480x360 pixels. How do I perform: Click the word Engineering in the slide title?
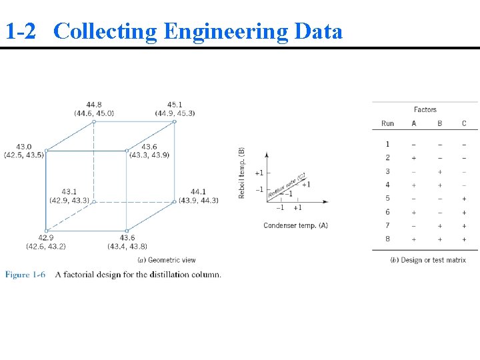(x=223, y=31)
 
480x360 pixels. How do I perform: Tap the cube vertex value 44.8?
(x=94, y=104)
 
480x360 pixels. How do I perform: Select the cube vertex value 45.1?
(x=175, y=104)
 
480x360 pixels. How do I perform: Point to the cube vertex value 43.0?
(x=23, y=147)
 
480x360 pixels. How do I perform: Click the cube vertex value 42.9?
(x=45, y=238)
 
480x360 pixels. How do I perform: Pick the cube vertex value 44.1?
(x=198, y=192)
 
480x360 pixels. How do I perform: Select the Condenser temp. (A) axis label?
(x=295, y=225)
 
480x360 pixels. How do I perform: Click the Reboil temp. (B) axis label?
(x=242, y=173)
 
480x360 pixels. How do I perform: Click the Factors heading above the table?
(x=425, y=109)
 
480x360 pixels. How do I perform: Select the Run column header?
(x=387, y=123)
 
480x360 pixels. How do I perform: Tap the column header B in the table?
(x=439, y=123)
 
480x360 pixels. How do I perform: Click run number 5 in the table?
(x=387, y=198)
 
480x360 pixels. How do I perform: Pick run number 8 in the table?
(x=387, y=239)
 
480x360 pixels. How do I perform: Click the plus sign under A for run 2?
(x=414, y=157)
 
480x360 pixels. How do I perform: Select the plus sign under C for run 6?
(x=464, y=212)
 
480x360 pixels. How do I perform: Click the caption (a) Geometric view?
(x=167, y=260)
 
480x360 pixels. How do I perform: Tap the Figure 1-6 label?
(x=25, y=275)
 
